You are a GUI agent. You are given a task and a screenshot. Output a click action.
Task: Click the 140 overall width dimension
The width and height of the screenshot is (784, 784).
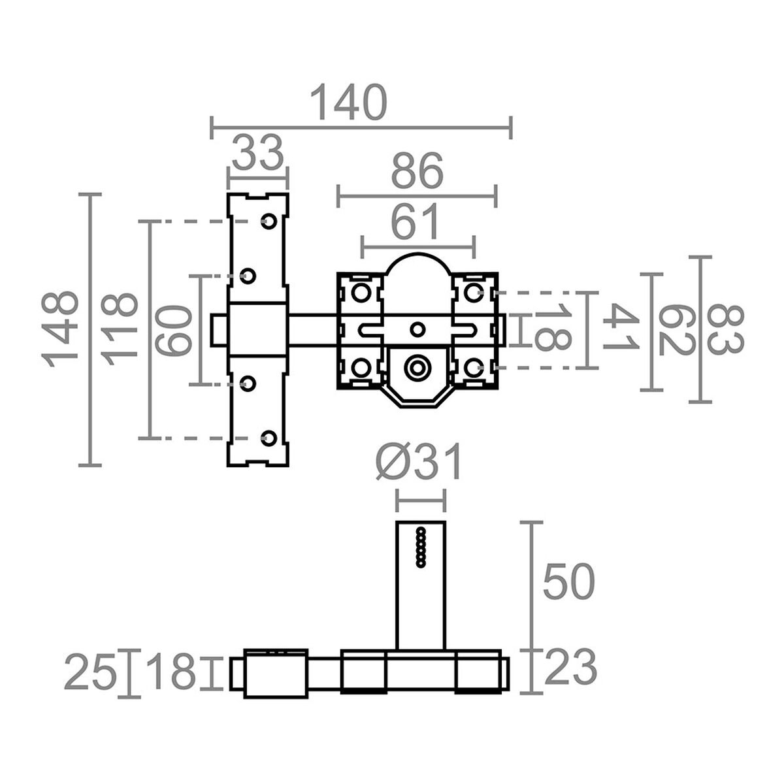click(x=348, y=103)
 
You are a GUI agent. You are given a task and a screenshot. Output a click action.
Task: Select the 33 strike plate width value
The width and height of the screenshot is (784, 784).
click(x=257, y=152)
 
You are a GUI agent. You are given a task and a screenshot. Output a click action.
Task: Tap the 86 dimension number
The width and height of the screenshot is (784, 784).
click(x=417, y=172)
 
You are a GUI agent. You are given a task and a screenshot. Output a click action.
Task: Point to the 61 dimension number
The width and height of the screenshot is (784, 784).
click(x=417, y=223)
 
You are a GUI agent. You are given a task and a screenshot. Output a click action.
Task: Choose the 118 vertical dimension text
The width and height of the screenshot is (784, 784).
click(x=120, y=329)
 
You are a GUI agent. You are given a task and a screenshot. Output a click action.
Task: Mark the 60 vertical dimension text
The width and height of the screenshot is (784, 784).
click(x=174, y=330)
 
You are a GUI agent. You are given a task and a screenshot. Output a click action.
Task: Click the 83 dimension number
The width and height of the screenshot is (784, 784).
click(x=725, y=329)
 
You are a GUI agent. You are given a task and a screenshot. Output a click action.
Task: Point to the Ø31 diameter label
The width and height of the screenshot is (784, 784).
click(x=419, y=463)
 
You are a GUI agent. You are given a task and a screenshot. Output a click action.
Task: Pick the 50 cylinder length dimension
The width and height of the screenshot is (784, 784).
click(x=568, y=581)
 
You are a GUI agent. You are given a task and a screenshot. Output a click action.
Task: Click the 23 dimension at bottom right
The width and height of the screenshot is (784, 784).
click(x=570, y=668)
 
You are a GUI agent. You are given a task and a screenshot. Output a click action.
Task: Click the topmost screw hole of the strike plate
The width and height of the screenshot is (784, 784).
click(x=268, y=221)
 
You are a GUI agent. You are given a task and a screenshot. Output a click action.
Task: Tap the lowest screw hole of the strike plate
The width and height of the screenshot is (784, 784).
click(x=268, y=438)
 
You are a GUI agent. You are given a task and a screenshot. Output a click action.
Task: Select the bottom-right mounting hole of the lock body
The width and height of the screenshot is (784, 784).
click(x=472, y=368)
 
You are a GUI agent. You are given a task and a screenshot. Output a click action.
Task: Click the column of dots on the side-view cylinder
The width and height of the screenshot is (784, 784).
click(x=421, y=546)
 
